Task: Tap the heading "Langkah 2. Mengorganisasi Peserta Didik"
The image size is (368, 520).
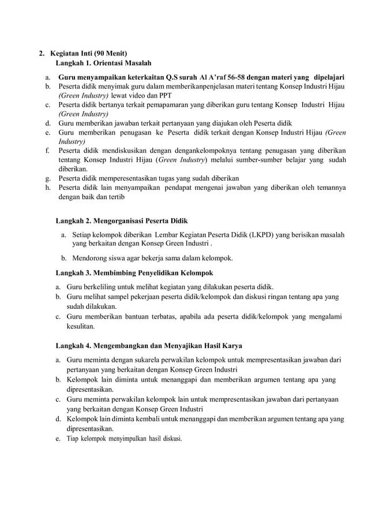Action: click(121, 221)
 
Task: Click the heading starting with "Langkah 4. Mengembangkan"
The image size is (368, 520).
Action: click(148, 346)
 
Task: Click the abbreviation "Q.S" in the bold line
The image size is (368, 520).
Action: click(174, 76)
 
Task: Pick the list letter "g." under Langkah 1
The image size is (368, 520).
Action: click(47, 178)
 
